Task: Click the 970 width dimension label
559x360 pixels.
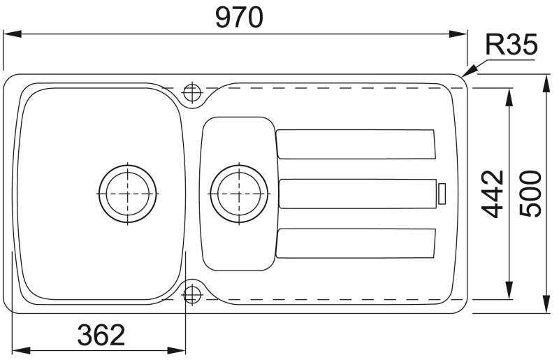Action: pyautogui.click(x=239, y=18)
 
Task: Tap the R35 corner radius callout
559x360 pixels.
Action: pyautogui.click(x=511, y=45)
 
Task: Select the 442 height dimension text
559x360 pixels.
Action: pyautogui.click(x=493, y=194)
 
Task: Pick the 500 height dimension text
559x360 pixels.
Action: pyautogui.click(x=530, y=194)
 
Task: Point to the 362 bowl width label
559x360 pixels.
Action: pyautogui.click(x=101, y=335)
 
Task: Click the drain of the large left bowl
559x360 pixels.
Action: pyautogui.click(x=128, y=194)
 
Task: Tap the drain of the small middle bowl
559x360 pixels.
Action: pyautogui.click(x=239, y=194)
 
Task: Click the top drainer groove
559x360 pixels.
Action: pyautogui.click(x=356, y=144)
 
